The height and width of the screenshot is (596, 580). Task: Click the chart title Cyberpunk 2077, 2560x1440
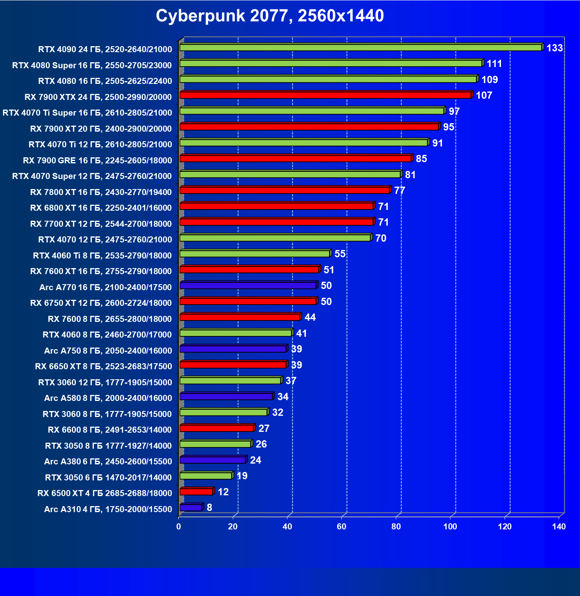pyautogui.click(x=270, y=16)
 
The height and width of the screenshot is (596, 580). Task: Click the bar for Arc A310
pyautogui.click(x=191, y=508)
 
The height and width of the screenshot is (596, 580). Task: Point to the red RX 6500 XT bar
pyautogui.click(x=196, y=492)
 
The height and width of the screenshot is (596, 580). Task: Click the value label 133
pyautogui.click(x=554, y=48)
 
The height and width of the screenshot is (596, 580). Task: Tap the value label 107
pyautogui.click(x=484, y=96)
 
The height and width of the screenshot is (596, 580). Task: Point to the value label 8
pyautogui.click(x=209, y=508)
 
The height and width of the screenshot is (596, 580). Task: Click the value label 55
pyautogui.click(x=340, y=254)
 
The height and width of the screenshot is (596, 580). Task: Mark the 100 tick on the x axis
pyautogui.click(x=450, y=527)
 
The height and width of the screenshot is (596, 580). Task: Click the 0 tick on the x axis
pyautogui.click(x=179, y=527)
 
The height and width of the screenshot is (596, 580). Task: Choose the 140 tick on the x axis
pyautogui.click(x=559, y=527)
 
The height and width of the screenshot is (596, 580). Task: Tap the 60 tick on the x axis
pyautogui.click(x=342, y=527)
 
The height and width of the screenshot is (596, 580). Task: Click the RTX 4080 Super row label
pyautogui.click(x=92, y=65)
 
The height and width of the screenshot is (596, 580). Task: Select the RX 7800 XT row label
pyautogui.click(x=101, y=192)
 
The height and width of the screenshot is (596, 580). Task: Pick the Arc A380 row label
pyautogui.click(x=108, y=462)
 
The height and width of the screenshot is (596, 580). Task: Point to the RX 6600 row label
pyautogui.click(x=110, y=430)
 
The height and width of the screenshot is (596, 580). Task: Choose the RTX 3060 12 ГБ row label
pyautogui.click(x=105, y=382)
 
